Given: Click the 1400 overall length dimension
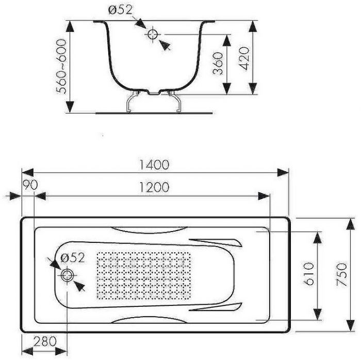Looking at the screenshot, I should coord(154,165).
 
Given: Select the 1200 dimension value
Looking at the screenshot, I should coord(154,188).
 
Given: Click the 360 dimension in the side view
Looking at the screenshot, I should coord(218,63).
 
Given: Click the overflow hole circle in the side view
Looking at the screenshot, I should coord(153,35).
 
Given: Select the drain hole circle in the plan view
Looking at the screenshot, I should coord(67,275).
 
